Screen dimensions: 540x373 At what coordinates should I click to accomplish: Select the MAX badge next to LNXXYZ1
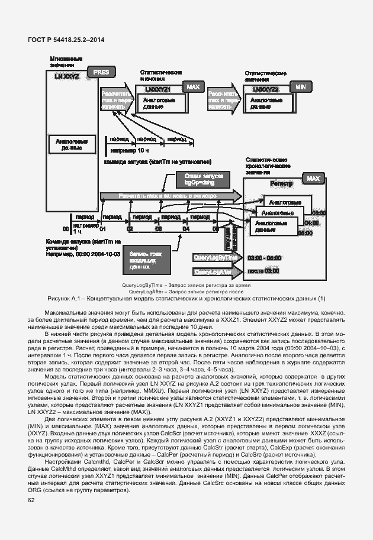click(193, 87)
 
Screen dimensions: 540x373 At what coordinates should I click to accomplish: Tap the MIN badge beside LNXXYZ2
click(300, 86)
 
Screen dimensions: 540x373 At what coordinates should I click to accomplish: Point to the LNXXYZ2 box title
click(266, 89)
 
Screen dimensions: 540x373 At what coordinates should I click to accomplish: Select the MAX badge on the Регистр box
click(313, 179)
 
